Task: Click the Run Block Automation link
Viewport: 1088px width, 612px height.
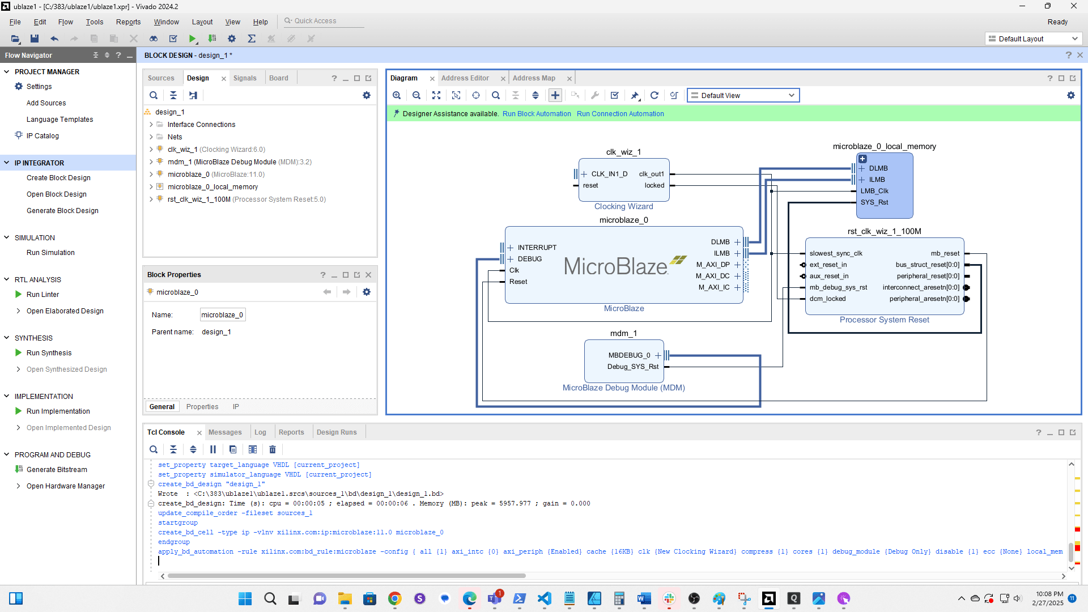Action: click(x=536, y=114)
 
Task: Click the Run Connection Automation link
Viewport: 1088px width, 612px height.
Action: click(x=620, y=114)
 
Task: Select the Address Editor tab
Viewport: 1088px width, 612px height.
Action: click(x=465, y=78)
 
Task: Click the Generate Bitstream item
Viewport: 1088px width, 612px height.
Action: click(x=57, y=470)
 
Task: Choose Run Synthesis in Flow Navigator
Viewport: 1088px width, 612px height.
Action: click(x=49, y=353)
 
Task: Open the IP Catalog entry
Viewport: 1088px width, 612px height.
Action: click(x=42, y=136)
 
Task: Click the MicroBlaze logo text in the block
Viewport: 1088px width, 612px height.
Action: click(x=615, y=266)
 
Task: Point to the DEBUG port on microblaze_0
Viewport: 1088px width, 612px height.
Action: click(x=529, y=259)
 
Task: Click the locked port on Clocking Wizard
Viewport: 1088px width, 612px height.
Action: click(x=654, y=185)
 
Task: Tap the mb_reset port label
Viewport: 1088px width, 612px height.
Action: click(x=945, y=253)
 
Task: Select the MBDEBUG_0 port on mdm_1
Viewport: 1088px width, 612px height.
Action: click(x=629, y=355)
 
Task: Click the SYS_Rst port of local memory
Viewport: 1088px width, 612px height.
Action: click(x=874, y=202)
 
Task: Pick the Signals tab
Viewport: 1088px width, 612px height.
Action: click(x=245, y=78)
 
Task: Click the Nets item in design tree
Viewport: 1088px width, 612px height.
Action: click(x=175, y=137)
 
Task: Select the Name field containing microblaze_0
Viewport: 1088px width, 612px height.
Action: click(x=222, y=315)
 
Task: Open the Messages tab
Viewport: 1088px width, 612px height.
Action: click(x=225, y=432)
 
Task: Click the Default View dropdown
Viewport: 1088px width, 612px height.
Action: click(x=742, y=95)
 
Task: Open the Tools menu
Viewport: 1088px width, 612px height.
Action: click(x=94, y=22)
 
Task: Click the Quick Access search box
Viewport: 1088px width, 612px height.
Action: click(x=323, y=21)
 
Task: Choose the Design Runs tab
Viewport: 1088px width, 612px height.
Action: click(x=337, y=432)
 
